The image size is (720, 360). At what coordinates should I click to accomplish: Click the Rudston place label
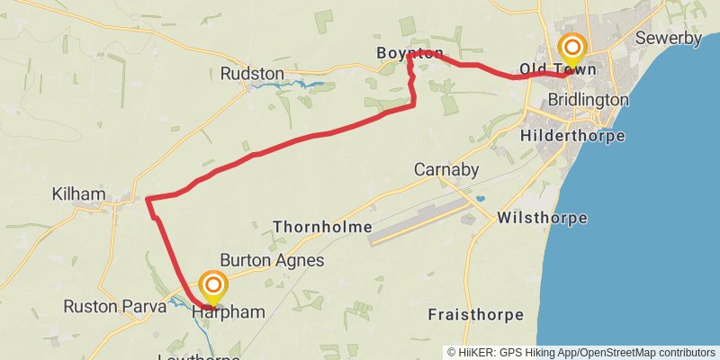(x=252, y=73)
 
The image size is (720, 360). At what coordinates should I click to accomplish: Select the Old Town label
(x=559, y=69)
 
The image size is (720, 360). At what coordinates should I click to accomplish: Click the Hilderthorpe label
(x=572, y=136)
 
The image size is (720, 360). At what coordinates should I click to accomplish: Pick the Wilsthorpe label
(x=542, y=218)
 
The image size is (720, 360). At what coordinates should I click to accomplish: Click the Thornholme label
(x=322, y=227)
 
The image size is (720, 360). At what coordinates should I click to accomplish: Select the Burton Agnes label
(x=272, y=260)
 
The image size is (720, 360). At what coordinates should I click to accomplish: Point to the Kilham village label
(x=79, y=194)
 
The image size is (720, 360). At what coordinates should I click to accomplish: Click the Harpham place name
(x=229, y=313)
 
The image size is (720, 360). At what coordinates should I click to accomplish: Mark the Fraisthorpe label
(x=476, y=315)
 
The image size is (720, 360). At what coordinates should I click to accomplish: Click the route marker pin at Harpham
(x=213, y=288)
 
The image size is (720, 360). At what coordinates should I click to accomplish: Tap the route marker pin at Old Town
(x=571, y=49)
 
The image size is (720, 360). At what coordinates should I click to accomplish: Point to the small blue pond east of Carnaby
(x=480, y=198)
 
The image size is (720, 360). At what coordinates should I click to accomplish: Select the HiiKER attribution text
(x=582, y=353)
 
